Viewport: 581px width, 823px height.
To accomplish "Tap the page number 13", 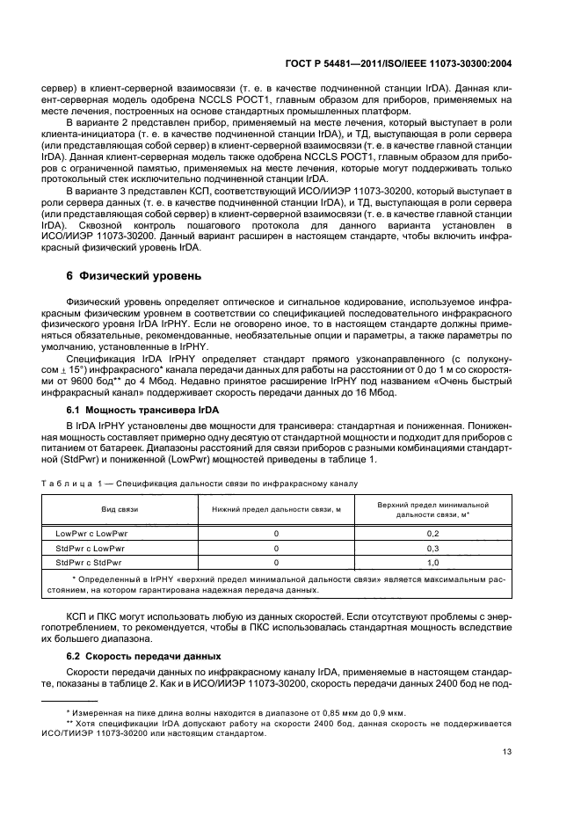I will (x=506, y=751).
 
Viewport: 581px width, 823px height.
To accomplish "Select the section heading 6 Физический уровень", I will (x=134, y=275).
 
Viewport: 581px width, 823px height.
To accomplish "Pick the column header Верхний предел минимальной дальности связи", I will (x=432, y=509).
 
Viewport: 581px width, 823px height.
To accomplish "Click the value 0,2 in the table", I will (x=432, y=534).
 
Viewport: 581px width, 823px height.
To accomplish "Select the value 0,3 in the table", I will (x=432, y=548).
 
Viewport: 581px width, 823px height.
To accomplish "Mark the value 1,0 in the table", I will (x=432, y=561).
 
